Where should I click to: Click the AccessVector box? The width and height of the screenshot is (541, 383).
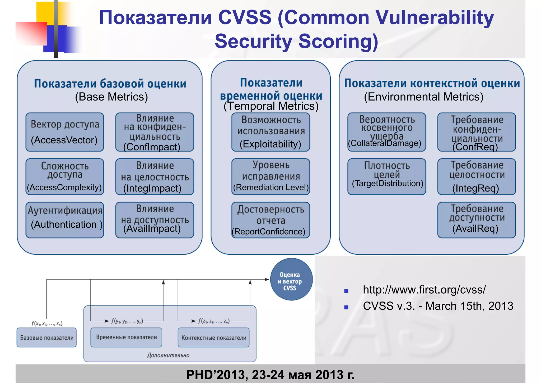click(65, 132)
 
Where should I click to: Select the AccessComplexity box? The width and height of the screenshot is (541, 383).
click(65, 177)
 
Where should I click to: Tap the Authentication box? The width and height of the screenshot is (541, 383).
click(65, 220)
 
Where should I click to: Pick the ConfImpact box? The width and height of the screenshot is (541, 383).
click(155, 132)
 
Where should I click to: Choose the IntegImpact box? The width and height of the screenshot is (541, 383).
click(155, 177)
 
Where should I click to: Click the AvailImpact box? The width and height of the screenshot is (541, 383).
click(155, 220)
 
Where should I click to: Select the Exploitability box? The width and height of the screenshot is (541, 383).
click(270, 132)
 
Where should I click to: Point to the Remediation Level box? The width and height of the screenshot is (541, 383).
click(270, 177)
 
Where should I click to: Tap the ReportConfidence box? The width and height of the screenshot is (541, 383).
click(270, 220)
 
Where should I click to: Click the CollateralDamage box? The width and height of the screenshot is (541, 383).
click(386, 132)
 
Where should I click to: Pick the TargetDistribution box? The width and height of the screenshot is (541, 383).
click(386, 177)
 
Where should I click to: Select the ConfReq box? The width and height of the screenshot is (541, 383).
click(477, 132)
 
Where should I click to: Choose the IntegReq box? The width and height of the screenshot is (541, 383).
click(477, 177)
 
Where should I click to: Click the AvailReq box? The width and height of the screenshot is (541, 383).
click(477, 220)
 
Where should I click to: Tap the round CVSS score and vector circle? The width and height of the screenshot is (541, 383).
click(291, 279)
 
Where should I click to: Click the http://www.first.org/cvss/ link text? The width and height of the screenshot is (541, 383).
click(424, 290)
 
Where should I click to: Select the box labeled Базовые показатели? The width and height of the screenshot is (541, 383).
click(46, 338)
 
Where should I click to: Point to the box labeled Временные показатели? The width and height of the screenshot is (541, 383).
click(126, 338)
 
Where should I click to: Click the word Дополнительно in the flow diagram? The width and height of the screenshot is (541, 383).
click(168, 355)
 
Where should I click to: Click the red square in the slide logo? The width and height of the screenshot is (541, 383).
click(31, 34)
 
